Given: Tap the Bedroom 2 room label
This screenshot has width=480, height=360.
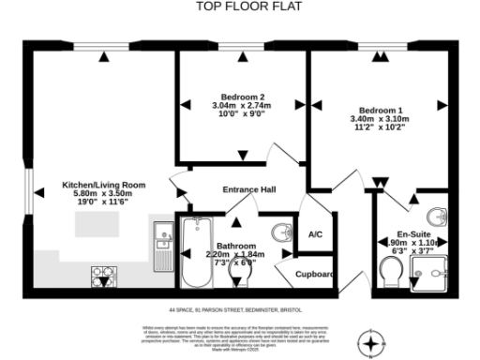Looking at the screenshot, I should coord(242,97).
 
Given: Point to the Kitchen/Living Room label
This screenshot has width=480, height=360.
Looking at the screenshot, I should coord(104,185).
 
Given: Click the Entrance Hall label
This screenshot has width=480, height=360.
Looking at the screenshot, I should coord(248,190).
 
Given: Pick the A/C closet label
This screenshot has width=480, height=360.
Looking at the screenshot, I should coord(315,234).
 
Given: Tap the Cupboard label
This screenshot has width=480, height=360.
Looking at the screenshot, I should coord(316,275).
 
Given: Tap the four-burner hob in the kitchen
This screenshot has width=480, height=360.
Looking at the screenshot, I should coord(102,276).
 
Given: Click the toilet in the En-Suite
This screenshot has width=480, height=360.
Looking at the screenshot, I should coord(391,272).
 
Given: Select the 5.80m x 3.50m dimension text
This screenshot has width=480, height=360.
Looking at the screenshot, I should coord(104,194).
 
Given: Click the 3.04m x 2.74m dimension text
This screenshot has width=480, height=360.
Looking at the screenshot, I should coord(242,107).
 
